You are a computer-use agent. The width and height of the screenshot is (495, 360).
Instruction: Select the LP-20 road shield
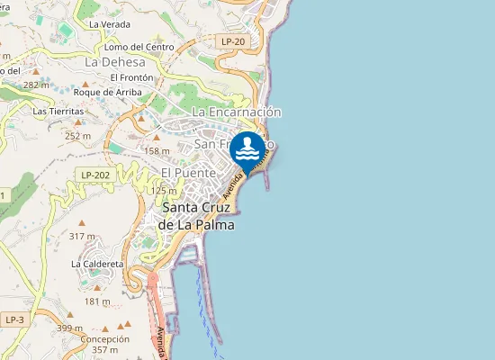[x=232, y=41]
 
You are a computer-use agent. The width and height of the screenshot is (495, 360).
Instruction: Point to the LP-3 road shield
[x=13, y=319]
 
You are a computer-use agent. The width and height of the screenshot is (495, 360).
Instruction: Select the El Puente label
[x=188, y=172]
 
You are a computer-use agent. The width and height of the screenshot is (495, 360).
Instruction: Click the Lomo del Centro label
[x=139, y=46]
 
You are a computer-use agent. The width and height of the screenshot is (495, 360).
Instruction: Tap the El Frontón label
[x=132, y=78]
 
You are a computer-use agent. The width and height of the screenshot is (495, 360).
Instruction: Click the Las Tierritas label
[x=58, y=111]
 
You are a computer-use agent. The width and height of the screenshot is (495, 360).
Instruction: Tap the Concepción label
[x=105, y=338]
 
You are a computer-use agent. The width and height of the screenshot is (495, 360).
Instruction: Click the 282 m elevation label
[x=37, y=85]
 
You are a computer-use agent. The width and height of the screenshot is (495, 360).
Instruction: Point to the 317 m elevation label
[x=82, y=236]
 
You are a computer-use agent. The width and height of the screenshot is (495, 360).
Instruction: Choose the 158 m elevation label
[x=157, y=151]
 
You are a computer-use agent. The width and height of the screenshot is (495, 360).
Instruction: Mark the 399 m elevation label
[x=69, y=328]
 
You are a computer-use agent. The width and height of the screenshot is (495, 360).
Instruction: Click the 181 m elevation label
[x=97, y=301]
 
